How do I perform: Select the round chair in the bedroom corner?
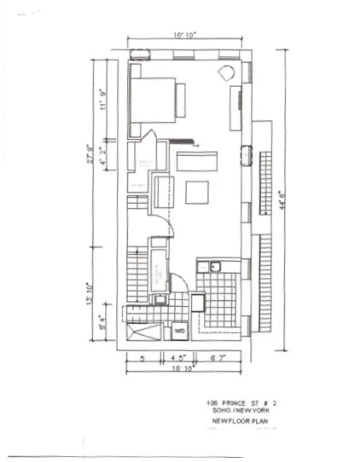(228, 74)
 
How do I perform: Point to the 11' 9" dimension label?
(103, 101)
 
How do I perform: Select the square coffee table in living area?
(197, 193)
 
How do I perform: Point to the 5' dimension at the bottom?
(142, 359)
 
